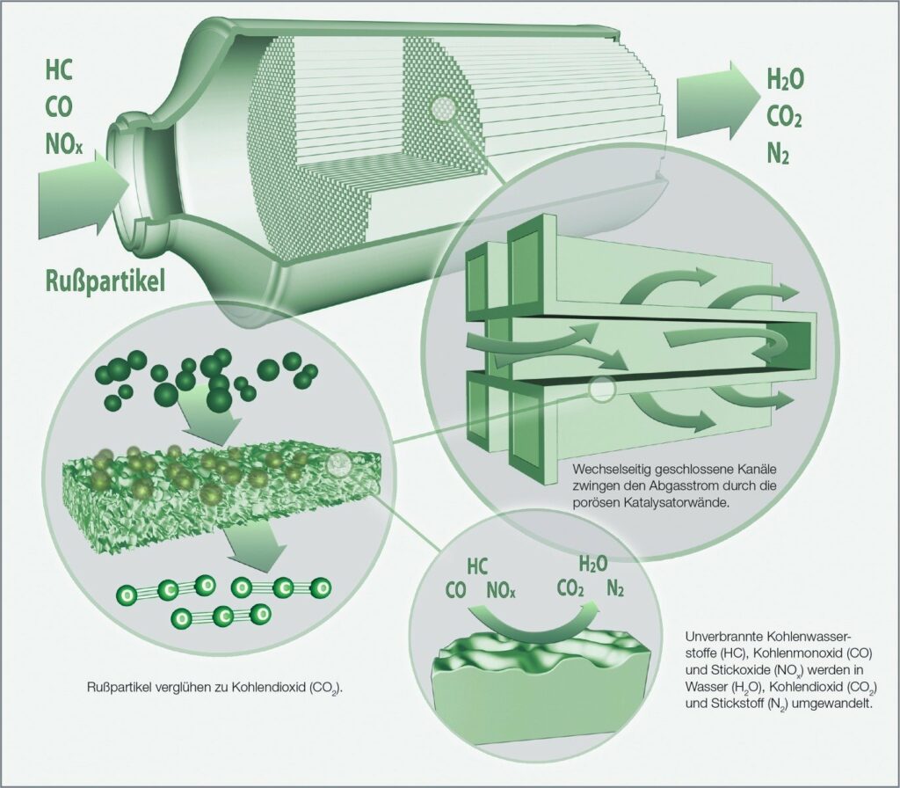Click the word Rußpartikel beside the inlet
click(x=105, y=282)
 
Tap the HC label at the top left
click(x=59, y=71)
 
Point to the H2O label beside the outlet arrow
click(x=785, y=80)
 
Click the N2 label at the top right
click(x=778, y=154)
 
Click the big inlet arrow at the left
click(x=84, y=193)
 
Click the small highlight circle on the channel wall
click(x=601, y=390)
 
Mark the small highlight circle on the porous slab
click(x=338, y=464)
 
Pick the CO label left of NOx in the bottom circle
click(x=456, y=590)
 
